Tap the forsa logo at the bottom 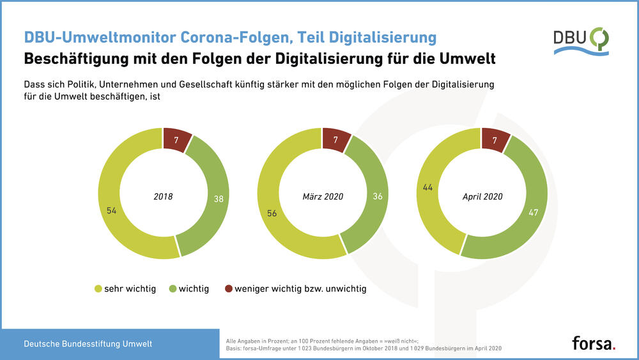click(x=593, y=343)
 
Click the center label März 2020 click(x=322, y=196)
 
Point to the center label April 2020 click(x=482, y=196)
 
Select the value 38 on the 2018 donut click(x=219, y=199)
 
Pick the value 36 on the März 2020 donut click(x=378, y=196)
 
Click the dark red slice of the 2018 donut click(x=176, y=139)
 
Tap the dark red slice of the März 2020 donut click(x=335, y=139)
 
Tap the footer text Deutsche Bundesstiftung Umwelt click(x=88, y=344)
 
